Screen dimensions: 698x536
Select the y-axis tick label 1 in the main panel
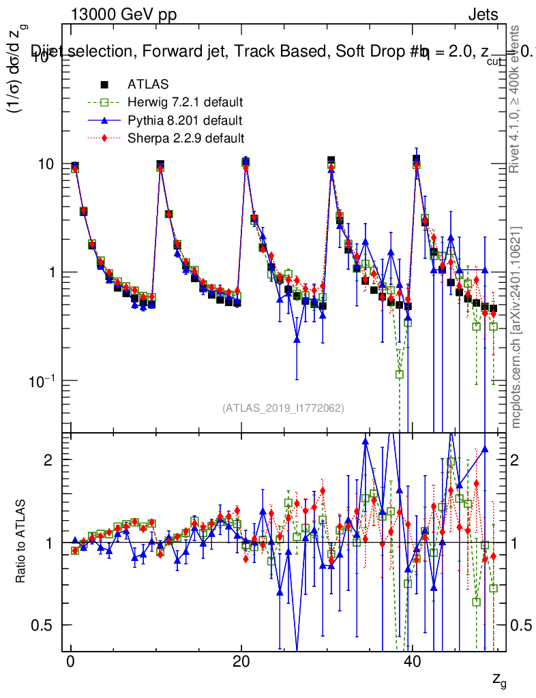coord(53,273)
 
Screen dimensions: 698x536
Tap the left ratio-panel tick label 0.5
coord(42,626)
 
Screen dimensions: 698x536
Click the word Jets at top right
coord(483,14)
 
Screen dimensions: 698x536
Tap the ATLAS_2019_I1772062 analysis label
coord(283,408)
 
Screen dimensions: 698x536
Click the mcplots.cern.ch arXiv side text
coord(518,327)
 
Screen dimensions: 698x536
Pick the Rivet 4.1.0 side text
coord(516,99)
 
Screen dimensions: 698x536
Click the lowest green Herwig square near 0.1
coord(399,374)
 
